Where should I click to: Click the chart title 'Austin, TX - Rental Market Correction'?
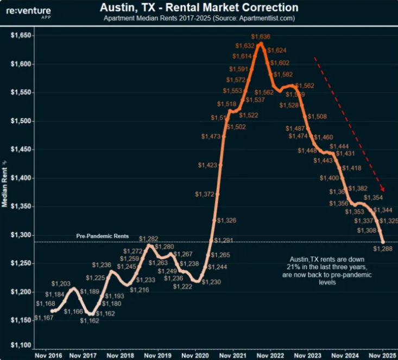[199, 8]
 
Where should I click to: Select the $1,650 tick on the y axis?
[21, 35]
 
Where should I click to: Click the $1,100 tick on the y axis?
[21, 345]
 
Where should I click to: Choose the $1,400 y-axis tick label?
[21, 178]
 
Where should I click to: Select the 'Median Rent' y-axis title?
[4, 185]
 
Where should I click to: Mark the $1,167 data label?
[44, 317]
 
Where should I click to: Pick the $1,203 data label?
[61, 283]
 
